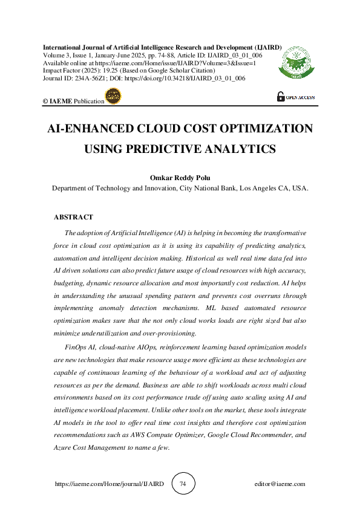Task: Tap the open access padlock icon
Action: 281,97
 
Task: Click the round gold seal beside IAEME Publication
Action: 113,97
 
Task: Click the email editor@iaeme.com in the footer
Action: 280,484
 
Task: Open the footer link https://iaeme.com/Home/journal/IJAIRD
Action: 109,484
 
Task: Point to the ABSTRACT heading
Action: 73,217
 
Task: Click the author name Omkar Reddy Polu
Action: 180,178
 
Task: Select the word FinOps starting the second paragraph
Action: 75,348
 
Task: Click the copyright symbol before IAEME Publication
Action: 45,102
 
